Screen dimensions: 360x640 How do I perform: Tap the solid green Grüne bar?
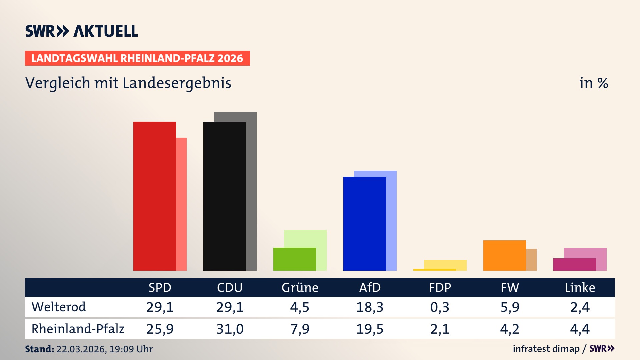point(294,259)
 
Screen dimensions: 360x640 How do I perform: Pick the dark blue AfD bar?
point(364,223)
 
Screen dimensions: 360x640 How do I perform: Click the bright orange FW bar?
point(504,255)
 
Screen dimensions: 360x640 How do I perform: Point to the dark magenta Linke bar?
point(574,264)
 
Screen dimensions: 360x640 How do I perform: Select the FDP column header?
point(440,287)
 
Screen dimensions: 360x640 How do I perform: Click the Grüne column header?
point(300,287)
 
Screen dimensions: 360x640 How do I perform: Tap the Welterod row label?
point(59,307)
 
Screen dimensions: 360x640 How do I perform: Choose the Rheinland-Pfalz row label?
point(78,329)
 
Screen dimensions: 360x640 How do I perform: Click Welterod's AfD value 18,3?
point(370,307)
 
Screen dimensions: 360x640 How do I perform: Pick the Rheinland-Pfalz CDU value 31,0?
point(230,329)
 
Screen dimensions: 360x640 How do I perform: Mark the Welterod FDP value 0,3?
point(440,307)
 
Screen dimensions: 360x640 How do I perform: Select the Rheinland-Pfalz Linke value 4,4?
point(580,329)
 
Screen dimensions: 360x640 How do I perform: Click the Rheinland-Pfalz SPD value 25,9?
point(160,329)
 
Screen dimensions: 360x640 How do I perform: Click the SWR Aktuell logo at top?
point(82,31)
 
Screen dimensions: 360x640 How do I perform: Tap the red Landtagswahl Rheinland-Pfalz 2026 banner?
point(137,58)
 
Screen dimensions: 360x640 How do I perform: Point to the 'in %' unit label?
point(593,83)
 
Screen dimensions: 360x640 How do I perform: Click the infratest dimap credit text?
point(546,349)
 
